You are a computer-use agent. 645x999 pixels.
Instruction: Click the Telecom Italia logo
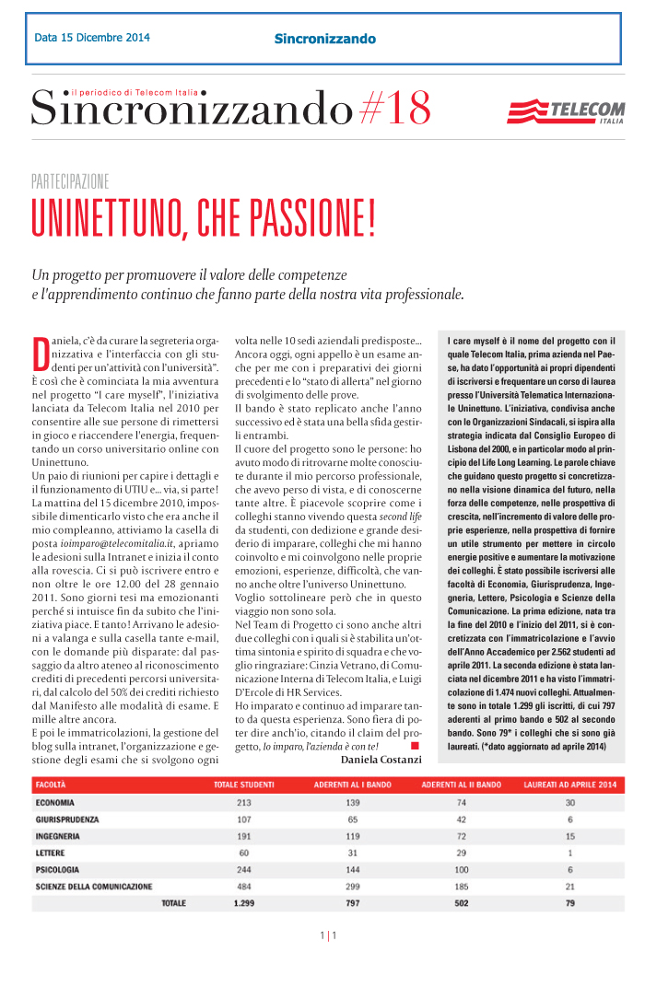(x=565, y=112)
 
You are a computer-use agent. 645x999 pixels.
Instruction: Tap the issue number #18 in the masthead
(x=394, y=110)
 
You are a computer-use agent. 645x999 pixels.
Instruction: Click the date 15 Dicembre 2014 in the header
(x=92, y=38)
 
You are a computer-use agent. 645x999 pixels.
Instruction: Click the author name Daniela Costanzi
(x=381, y=759)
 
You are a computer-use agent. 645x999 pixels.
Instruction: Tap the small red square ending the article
(x=416, y=743)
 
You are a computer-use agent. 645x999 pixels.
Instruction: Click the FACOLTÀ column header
(x=51, y=784)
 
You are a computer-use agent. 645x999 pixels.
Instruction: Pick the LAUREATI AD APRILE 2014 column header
(x=569, y=784)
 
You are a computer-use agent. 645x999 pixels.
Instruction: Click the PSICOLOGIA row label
(x=57, y=869)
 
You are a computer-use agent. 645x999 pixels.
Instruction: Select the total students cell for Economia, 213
(x=243, y=803)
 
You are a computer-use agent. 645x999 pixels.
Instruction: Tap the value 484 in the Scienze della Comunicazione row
(x=243, y=886)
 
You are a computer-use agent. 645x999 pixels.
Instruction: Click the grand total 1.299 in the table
(x=243, y=903)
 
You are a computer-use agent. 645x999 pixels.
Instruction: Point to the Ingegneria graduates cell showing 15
(x=569, y=836)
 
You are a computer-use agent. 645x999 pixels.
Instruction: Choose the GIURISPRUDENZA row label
(x=66, y=819)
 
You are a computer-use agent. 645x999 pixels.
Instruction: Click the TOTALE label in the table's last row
(x=173, y=903)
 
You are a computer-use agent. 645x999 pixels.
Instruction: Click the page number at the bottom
(x=328, y=936)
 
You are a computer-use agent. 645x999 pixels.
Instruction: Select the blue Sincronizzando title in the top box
(x=325, y=39)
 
